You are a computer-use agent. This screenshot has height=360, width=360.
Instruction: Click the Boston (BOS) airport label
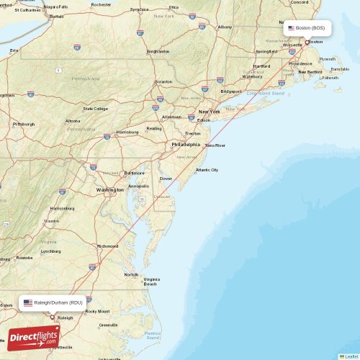(310, 28)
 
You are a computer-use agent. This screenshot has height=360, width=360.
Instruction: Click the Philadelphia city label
(184, 145)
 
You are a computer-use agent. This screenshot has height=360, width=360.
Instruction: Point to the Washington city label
(109, 190)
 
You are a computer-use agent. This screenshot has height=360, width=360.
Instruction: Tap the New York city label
(209, 112)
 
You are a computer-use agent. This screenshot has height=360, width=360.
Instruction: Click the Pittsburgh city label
(23, 124)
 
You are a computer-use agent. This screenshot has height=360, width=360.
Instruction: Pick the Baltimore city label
(134, 173)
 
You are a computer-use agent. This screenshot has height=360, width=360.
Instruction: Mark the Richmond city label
(108, 246)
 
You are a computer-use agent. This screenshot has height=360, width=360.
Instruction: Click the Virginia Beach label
(151, 282)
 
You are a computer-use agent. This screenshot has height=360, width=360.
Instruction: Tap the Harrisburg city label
(127, 132)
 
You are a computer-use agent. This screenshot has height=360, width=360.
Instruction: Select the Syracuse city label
(140, 10)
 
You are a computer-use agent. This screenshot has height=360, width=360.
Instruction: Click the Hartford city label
(261, 66)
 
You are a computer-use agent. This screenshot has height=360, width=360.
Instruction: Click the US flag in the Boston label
(292, 28)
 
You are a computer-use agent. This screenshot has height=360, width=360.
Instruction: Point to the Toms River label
(215, 145)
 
